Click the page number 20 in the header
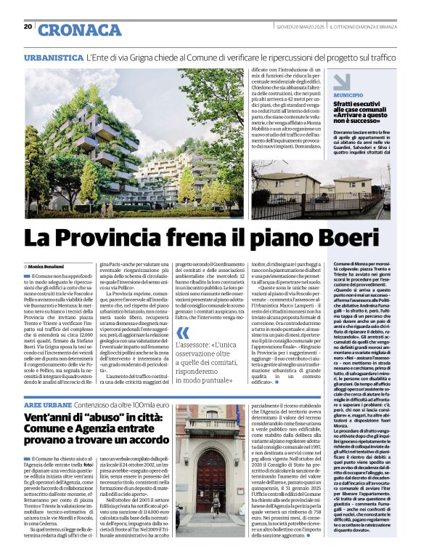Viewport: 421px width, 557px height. [x=28, y=26]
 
